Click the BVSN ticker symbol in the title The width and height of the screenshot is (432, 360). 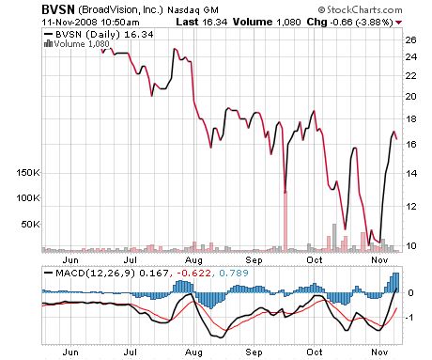coord(54,8)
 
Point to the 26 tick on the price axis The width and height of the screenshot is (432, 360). coord(409,40)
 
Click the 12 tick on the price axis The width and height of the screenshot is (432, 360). coord(409,207)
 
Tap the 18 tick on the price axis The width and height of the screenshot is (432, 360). coord(409,119)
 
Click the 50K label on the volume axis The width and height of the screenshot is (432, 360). coord(28,225)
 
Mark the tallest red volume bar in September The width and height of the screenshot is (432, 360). coord(284,220)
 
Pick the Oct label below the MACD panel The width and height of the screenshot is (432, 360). coord(316,352)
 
